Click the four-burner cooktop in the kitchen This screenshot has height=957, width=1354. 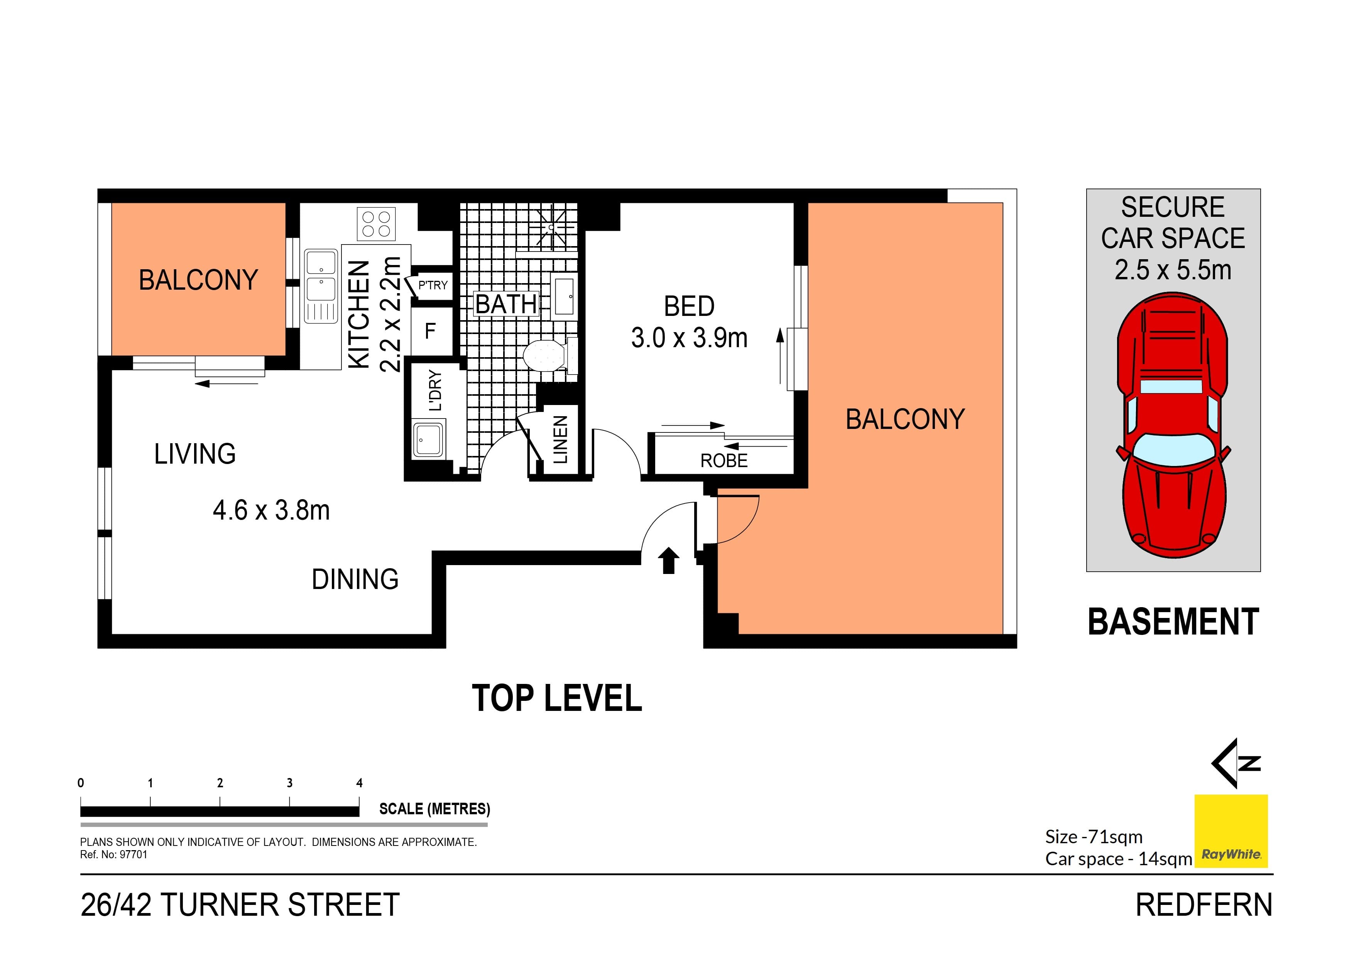tap(376, 224)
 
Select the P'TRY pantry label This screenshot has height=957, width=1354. tap(433, 285)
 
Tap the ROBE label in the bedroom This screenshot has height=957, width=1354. tap(723, 461)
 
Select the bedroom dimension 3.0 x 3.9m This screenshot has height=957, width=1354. tap(689, 338)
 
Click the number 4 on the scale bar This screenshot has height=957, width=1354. tap(359, 783)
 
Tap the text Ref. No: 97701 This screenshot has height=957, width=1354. tap(113, 854)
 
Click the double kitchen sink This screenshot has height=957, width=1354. tap(321, 285)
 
